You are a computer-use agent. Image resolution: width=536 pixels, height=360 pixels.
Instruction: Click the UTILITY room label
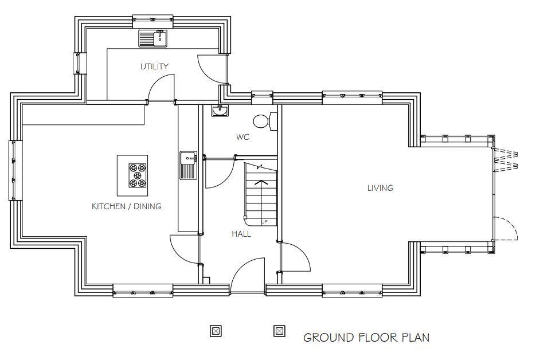point(155,66)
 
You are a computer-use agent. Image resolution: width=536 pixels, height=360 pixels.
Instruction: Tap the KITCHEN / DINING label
point(127,206)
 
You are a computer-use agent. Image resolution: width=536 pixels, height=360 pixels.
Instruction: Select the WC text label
point(243,138)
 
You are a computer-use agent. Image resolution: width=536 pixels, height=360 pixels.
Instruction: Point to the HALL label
point(241,234)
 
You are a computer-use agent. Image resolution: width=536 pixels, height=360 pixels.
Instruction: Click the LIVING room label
point(380,188)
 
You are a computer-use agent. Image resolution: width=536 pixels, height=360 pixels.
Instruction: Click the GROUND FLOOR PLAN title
point(366,337)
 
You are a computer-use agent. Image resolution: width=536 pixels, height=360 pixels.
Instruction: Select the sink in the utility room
point(152,39)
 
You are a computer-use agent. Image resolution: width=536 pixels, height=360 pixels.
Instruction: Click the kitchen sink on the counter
point(188,165)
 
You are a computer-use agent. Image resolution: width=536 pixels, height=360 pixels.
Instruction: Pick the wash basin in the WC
point(220,111)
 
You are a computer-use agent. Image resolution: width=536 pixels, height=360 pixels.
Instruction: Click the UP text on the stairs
point(264,221)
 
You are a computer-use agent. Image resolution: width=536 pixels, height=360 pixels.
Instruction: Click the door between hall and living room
point(295,257)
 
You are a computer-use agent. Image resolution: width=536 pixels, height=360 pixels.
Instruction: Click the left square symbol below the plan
point(216,331)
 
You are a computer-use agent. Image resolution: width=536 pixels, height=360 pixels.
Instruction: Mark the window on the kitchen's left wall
point(12,170)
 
